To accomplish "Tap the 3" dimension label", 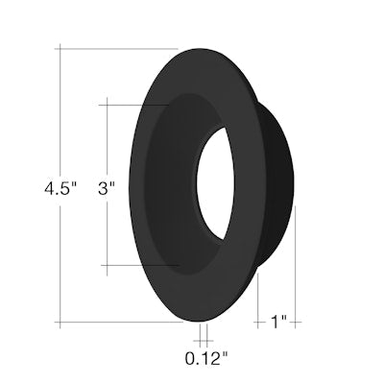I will point(107,189).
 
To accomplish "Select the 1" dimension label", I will point(277,323).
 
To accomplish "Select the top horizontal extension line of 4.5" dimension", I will point(115,48).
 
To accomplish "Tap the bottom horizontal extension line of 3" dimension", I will point(134,265).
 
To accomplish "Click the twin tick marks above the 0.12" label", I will point(203,335).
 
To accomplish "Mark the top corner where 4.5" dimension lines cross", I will point(63,48).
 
